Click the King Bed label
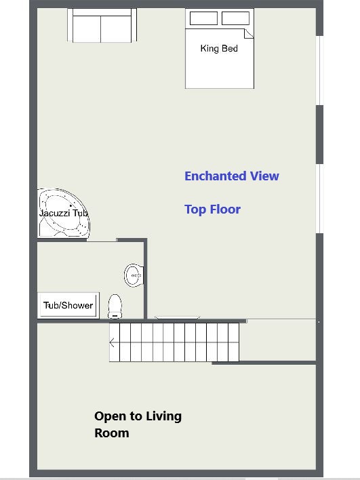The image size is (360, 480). [x=219, y=48]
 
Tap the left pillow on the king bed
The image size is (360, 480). [x=203, y=18]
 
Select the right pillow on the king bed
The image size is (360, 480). [x=235, y=18]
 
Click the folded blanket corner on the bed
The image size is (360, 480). [x=249, y=33]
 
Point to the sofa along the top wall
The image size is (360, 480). [x=102, y=25]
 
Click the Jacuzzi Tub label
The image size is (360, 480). [x=63, y=213]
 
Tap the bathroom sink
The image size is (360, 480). [x=134, y=275]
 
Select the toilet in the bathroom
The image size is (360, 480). [x=115, y=306]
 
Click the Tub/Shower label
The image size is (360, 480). [x=68, y=305]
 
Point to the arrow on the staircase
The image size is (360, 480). [x=112, y=342]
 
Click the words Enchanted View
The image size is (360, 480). [x=232, y=176]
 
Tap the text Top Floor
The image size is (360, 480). [x=212, y=209]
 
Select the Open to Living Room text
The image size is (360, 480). [x=138, y=424]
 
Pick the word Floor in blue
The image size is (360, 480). [x=224, y=209]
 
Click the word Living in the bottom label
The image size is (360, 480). [x=163, y=417]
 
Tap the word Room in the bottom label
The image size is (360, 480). [x=112, y=433]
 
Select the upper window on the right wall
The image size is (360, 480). [x=319, y=71]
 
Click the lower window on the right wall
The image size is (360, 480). [x=319, y=199]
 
